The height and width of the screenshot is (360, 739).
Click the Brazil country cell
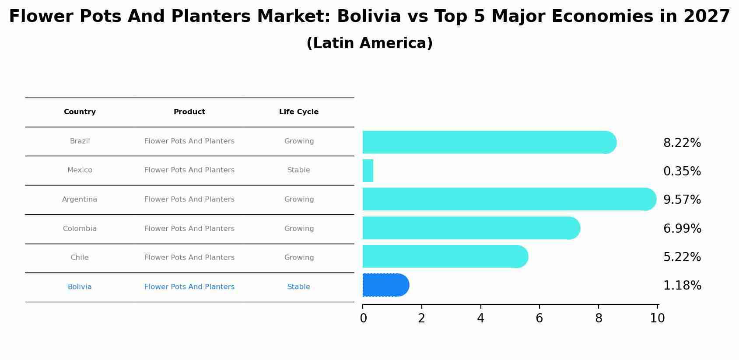point(80,141)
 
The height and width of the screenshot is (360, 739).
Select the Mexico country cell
point(80,170)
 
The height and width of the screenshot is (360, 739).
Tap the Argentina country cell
point(80,199)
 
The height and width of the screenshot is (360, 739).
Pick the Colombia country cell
point(80,229)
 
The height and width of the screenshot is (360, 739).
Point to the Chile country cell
point(80,258)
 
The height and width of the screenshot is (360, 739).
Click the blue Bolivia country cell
point(80,287)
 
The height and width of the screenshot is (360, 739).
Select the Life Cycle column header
point(299,112)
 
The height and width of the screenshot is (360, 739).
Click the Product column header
point(189,112)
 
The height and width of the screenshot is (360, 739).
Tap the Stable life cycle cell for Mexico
point(299,170)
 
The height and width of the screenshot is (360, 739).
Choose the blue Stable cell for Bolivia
point(299,287)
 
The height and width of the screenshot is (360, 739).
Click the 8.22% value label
point(682,143)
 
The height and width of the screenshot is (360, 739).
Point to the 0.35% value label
point(682,171)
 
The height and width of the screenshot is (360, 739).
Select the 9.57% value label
point(682,200)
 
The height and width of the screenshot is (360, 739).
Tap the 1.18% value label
point(682,286)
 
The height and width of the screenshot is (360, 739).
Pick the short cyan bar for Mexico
point(368,171)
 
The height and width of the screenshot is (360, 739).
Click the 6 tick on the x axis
point(539,318)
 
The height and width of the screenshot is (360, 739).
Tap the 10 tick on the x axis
point(657,318)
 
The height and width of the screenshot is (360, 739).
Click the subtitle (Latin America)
point(369,43)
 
